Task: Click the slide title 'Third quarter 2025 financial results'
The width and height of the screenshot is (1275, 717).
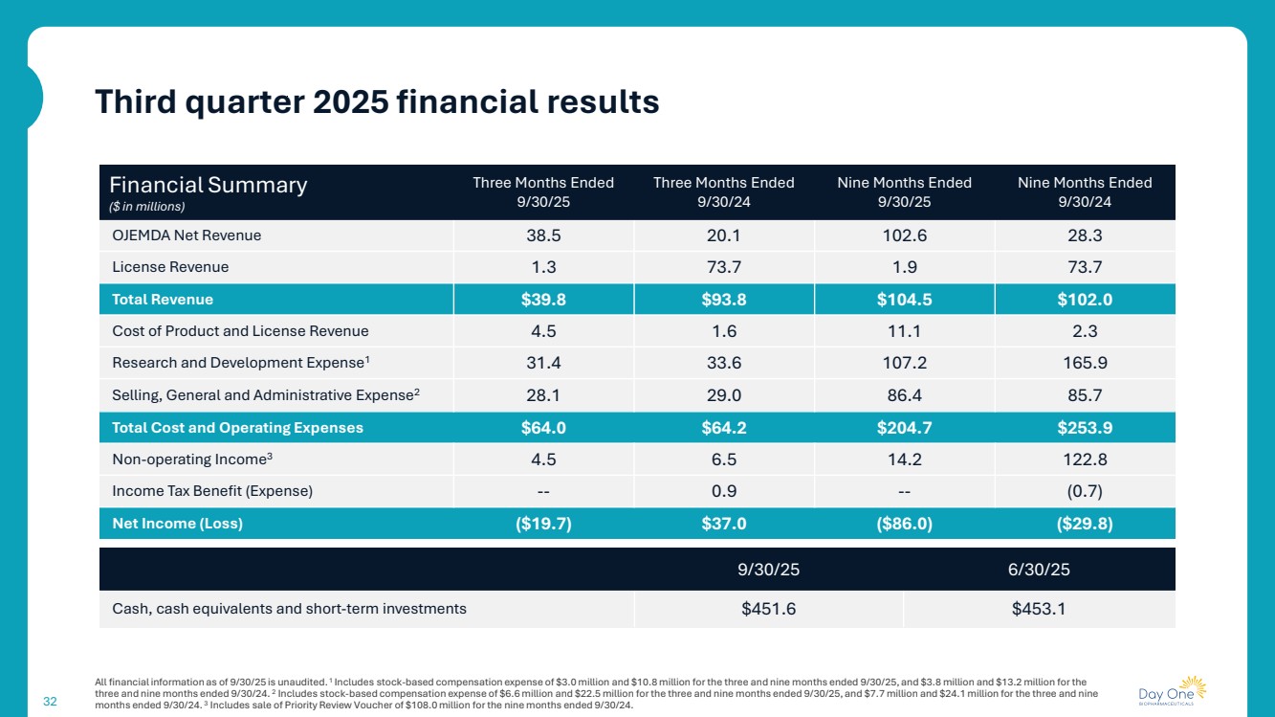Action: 377,101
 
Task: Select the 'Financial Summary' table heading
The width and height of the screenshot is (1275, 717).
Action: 208,185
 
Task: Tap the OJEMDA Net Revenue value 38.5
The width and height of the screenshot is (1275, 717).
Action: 543,235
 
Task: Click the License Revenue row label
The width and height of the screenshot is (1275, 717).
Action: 170,267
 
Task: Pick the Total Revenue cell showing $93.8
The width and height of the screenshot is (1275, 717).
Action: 723,300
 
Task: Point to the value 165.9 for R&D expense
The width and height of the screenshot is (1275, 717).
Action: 1085,364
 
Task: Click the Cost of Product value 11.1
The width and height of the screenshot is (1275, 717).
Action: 904,331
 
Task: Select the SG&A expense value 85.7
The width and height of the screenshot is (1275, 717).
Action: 1085,395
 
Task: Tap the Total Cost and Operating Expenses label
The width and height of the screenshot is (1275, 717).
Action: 237,428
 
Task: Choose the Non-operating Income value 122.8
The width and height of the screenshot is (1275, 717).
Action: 1085,459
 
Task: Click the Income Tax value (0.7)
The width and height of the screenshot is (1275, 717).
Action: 1085,491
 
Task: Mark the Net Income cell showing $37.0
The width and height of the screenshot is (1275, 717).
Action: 723,524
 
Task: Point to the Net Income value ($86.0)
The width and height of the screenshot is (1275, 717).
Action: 904,524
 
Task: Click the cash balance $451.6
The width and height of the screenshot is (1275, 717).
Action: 768,608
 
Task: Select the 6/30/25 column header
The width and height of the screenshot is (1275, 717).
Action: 1039,569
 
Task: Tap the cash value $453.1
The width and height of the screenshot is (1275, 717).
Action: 1039,608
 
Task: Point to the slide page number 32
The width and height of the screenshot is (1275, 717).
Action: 51,702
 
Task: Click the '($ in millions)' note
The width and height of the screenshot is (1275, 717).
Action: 146,206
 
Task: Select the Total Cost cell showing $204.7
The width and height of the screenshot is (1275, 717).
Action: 904,428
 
